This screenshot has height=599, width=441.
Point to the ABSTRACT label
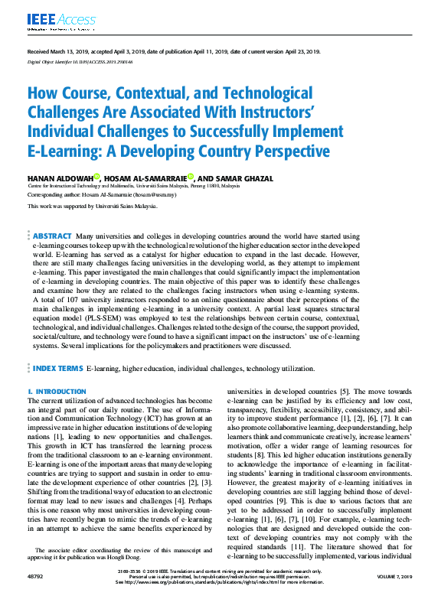tap(53, 237)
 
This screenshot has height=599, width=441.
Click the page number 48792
tap(36, 583)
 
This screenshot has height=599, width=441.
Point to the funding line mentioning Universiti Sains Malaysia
tap(92, 206)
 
